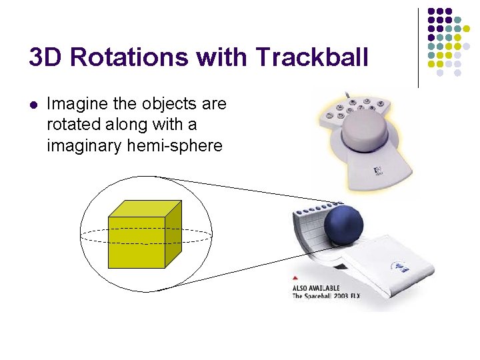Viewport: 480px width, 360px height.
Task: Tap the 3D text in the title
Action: click(x=47, y=58)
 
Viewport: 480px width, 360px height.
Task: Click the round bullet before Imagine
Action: click(x=33, y=105)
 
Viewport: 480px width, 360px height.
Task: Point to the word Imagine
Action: click(x=75, y=105)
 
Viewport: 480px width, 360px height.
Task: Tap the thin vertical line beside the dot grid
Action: click(x=418, y=47)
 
